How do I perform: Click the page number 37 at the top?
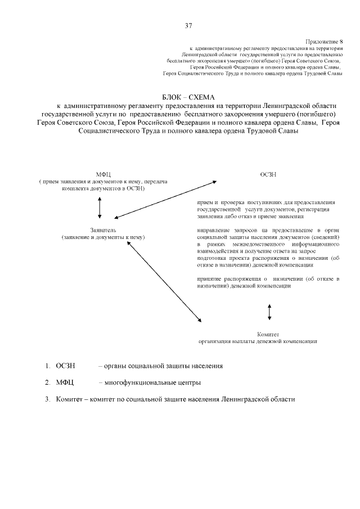point(188,25)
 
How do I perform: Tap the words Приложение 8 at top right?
point(324,42)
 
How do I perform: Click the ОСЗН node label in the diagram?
point(268,174)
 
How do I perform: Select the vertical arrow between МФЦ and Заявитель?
point(100,208)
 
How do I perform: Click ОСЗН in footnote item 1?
point(65,366)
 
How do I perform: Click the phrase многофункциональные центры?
point(149,382)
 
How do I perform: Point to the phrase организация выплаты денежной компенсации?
point(258,341)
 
